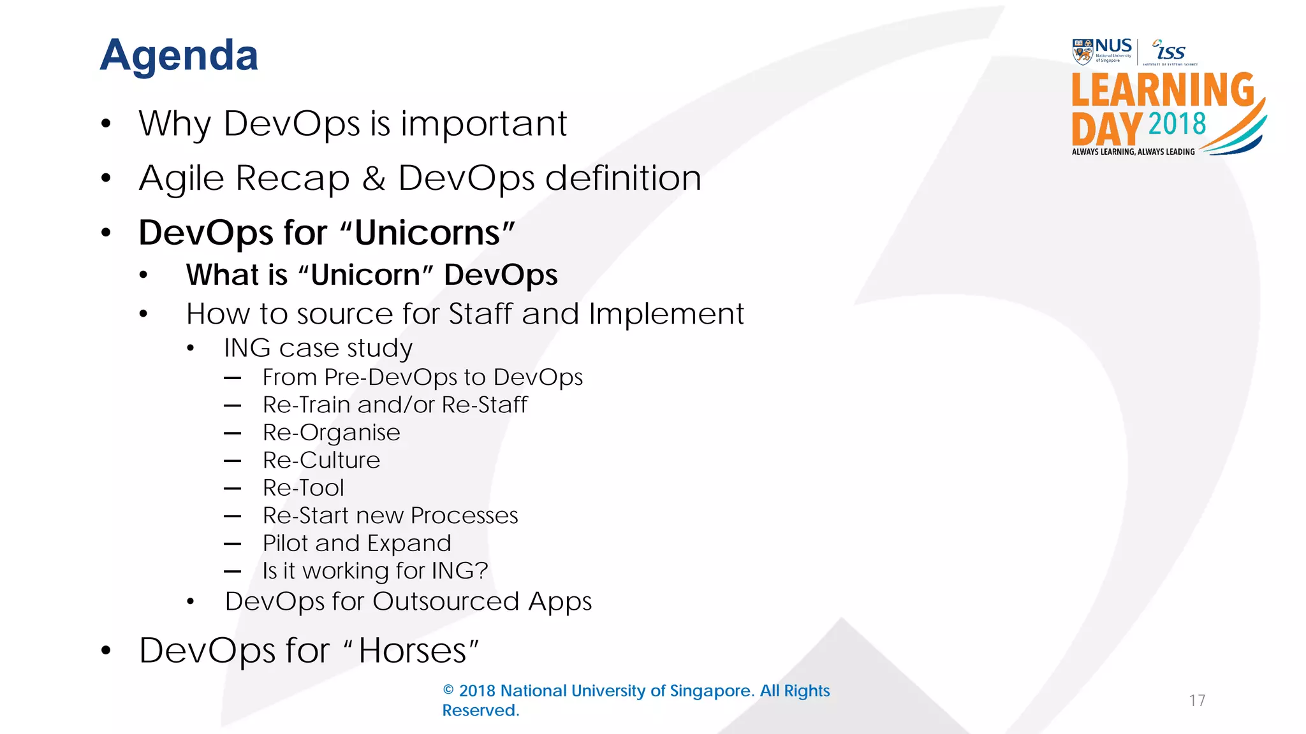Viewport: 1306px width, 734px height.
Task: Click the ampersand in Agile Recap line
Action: (x=374, y=178)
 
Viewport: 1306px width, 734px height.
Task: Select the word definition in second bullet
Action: (x=623, y=178)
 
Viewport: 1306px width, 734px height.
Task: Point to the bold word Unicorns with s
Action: (x=427, y=233)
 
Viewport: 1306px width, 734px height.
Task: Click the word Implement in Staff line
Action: (x=666, y=314)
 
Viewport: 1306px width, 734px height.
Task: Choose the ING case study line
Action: (x=318, y=348)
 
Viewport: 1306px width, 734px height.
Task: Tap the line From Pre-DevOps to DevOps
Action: (x=422, y=377)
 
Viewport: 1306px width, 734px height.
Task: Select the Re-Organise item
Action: (x=332, y=433)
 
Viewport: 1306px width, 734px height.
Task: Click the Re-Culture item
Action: (x=321, y=460)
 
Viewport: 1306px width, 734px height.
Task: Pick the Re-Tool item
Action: (x=304, y=488)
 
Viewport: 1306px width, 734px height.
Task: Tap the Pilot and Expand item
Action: (x=357, y=543)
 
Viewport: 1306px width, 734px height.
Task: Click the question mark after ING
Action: (x=481, y=571)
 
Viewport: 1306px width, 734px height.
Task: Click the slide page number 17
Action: (x=1197, y=701)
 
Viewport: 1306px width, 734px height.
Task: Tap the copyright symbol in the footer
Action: (x=448, y=691)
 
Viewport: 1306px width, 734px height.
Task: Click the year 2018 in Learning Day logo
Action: (x=1177, y=124)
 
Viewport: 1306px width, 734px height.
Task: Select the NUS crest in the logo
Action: (x=1082, y=52)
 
